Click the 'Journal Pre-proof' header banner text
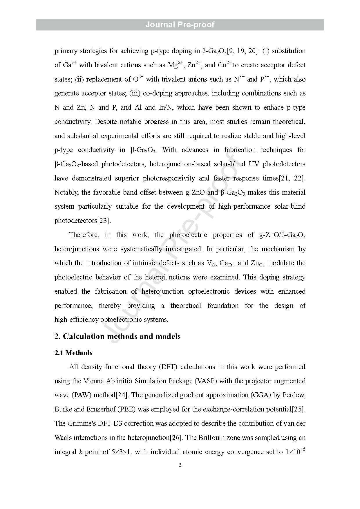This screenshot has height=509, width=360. pyautogui.click(x=180, y=25)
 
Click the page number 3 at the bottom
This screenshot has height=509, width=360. pyautogui.click(x=180, y=465)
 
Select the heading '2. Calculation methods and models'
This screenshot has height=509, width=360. pyautogui.click(x=117, y=336)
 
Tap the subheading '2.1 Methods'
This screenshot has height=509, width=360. pyautogui.click(x=73, y=353)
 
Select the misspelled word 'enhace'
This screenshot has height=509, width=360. pyautogui.click(x=274, y=107)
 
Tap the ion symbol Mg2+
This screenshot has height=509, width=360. pyautogui.click(x=176, y=65)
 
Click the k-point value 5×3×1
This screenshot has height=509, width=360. pyautogui.click(x=122, y=452)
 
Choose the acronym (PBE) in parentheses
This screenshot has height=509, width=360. pyautogui.click(x=126, y=409)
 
